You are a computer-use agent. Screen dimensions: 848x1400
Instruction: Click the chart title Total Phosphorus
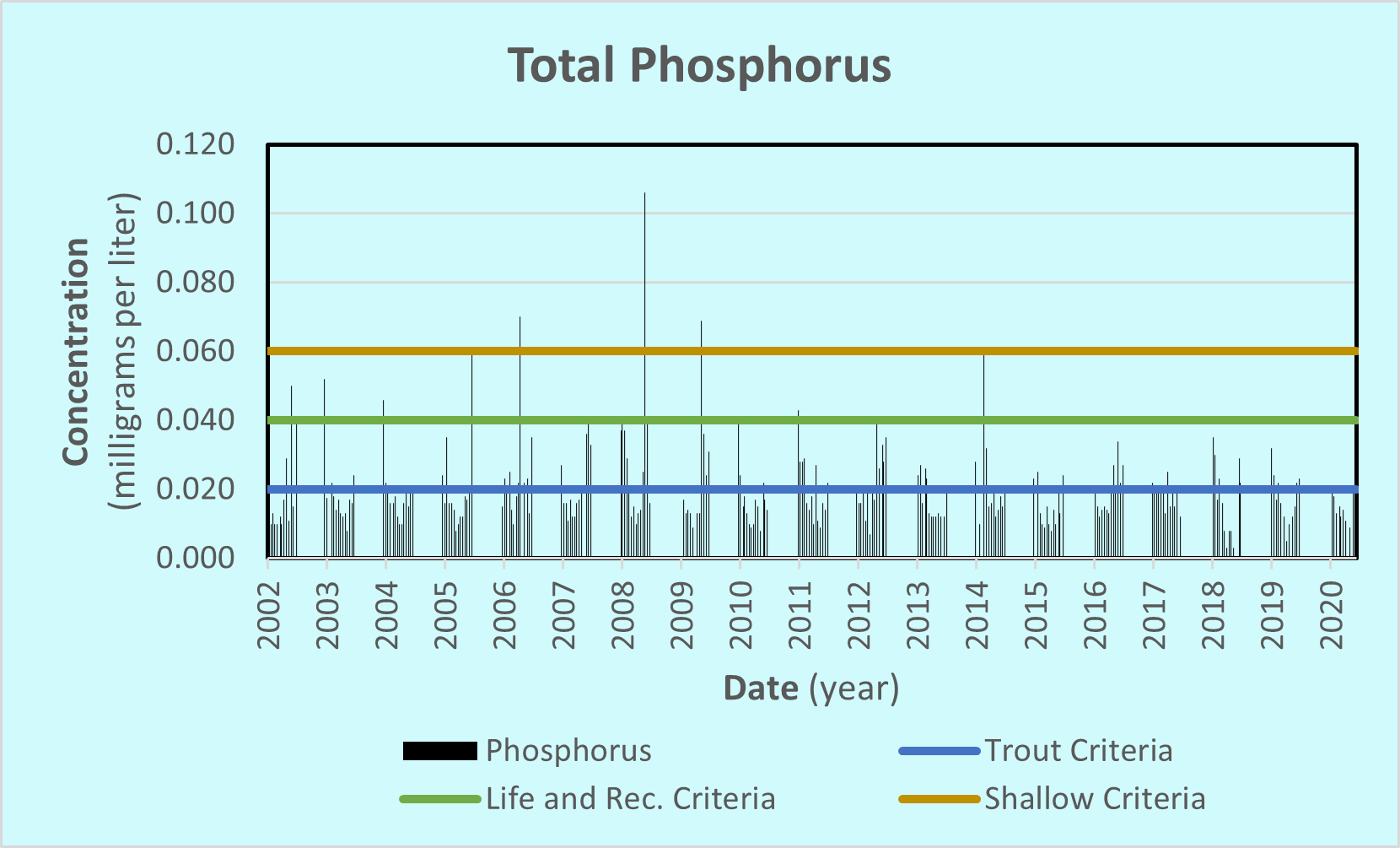pos(699,66)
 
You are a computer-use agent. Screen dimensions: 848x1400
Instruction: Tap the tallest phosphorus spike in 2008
pos(645,253)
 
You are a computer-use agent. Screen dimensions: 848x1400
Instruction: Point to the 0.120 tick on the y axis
pos(196,144)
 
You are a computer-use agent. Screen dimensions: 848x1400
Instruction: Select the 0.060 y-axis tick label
pos(196,351)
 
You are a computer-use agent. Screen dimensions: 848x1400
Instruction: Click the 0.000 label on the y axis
pos(196,558)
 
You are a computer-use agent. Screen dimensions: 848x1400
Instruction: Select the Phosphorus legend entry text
pos(568,750)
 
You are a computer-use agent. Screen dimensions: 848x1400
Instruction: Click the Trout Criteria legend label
pos(1079,750)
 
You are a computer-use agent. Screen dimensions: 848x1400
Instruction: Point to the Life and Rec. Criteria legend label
pos(630,798)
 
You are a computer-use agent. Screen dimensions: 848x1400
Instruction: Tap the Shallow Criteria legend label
pos(1095,798)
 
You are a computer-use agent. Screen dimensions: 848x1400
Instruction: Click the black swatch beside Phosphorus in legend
pos(439,750)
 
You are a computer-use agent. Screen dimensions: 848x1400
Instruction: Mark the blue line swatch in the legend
pos(939,750)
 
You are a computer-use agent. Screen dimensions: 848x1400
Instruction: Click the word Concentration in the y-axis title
pos(76,351)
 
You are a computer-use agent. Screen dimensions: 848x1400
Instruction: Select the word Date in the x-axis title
pos(761,689)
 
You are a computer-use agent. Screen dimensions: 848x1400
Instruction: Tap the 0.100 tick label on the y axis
pos(196,213)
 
